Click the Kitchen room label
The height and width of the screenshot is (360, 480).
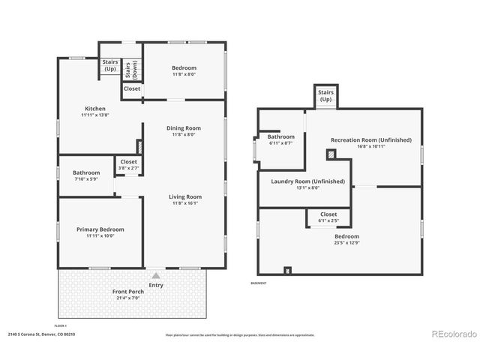click(x=94, y=109)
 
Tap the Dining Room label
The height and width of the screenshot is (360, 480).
click(x=184, y=128)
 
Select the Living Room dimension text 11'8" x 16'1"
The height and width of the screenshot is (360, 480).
click(x=184, y=203)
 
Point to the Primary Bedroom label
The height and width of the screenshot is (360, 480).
click(x=100, y=229)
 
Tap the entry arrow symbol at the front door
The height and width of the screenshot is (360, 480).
click(x=156, y=276)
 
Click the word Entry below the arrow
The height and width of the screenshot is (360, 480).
click(x=156, y=285)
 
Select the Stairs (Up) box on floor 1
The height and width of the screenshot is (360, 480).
click(x=110, y=65)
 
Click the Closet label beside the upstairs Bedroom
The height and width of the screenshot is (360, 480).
click(x=132, y=88)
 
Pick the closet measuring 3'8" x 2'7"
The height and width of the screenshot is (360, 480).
click(x=128, y=164)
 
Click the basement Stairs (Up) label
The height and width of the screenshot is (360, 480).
click(x=325, y=96)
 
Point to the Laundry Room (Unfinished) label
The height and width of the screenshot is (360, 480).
click(x=305, y=181)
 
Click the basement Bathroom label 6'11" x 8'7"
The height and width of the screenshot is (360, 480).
click(x=281, y=139)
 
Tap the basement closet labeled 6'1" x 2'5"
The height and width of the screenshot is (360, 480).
click(x=328, y=217)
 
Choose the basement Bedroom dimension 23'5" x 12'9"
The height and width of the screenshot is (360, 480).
click(x=346, y=242)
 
